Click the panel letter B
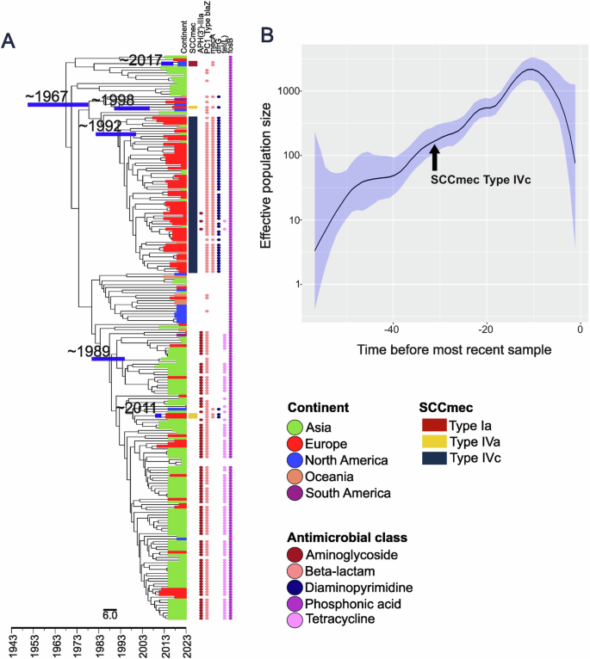coord(267,36)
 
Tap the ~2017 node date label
coord(140,60)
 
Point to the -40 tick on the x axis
coord(392,330)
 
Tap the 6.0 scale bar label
coord(110,614)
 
